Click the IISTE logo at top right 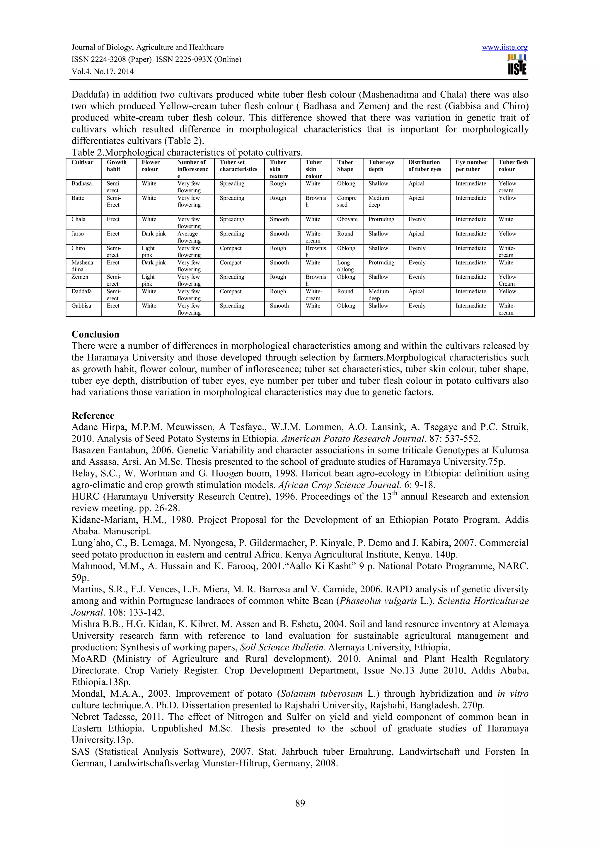[517, 65]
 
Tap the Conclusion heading [96, 334]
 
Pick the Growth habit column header [116, 166]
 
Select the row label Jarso [78, 234]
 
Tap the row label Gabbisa [81, 306]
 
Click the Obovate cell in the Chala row [347, 219]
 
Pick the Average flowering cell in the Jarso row [189, 237]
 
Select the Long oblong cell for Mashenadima [345, 266]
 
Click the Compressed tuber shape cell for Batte [347, 201]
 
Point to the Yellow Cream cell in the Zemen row [507, 280]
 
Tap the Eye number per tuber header [471, 166]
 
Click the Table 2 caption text [187, 152]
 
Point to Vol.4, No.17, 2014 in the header [103, 71]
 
